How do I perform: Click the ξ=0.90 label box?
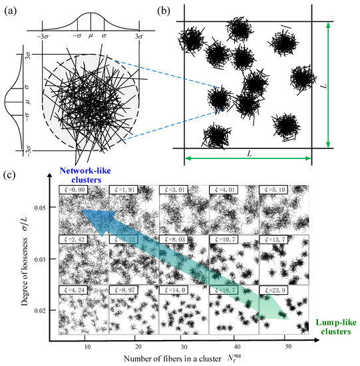coord(75,190)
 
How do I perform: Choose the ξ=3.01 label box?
coord(174,190)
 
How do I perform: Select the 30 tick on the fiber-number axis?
coord(187,348)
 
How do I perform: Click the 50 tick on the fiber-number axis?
coord(287,348)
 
